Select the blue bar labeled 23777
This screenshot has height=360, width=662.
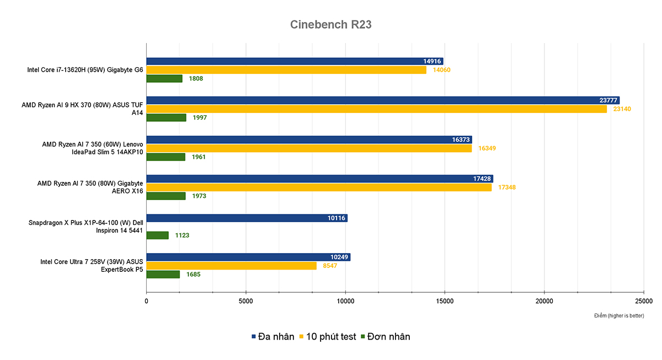click(382, 100)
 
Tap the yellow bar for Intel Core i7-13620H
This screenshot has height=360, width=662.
click(286, 70)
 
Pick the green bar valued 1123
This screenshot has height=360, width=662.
click(157, 235)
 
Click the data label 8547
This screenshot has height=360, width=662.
click(330, 266)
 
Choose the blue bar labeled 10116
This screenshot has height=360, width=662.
click(247, 218)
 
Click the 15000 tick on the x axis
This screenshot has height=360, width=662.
click(445, 301)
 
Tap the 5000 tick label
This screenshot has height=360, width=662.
click(246, 301)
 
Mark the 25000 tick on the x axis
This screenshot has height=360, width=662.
click(643, 301)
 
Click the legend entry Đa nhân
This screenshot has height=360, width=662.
click(273, 336)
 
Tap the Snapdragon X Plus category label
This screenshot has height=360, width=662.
click(86, 227)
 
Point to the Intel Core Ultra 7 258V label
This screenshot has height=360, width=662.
click(92, 266)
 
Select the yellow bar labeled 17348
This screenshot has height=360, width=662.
click(319, 187)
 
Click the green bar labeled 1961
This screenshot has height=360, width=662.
click(165, 157)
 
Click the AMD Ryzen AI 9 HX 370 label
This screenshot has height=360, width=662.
click(82, 109)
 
